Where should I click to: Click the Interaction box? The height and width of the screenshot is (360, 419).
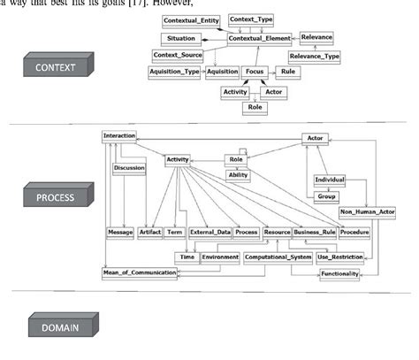[x=119, y=136]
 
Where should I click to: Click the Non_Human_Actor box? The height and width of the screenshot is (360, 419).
[x=367, y=213]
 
